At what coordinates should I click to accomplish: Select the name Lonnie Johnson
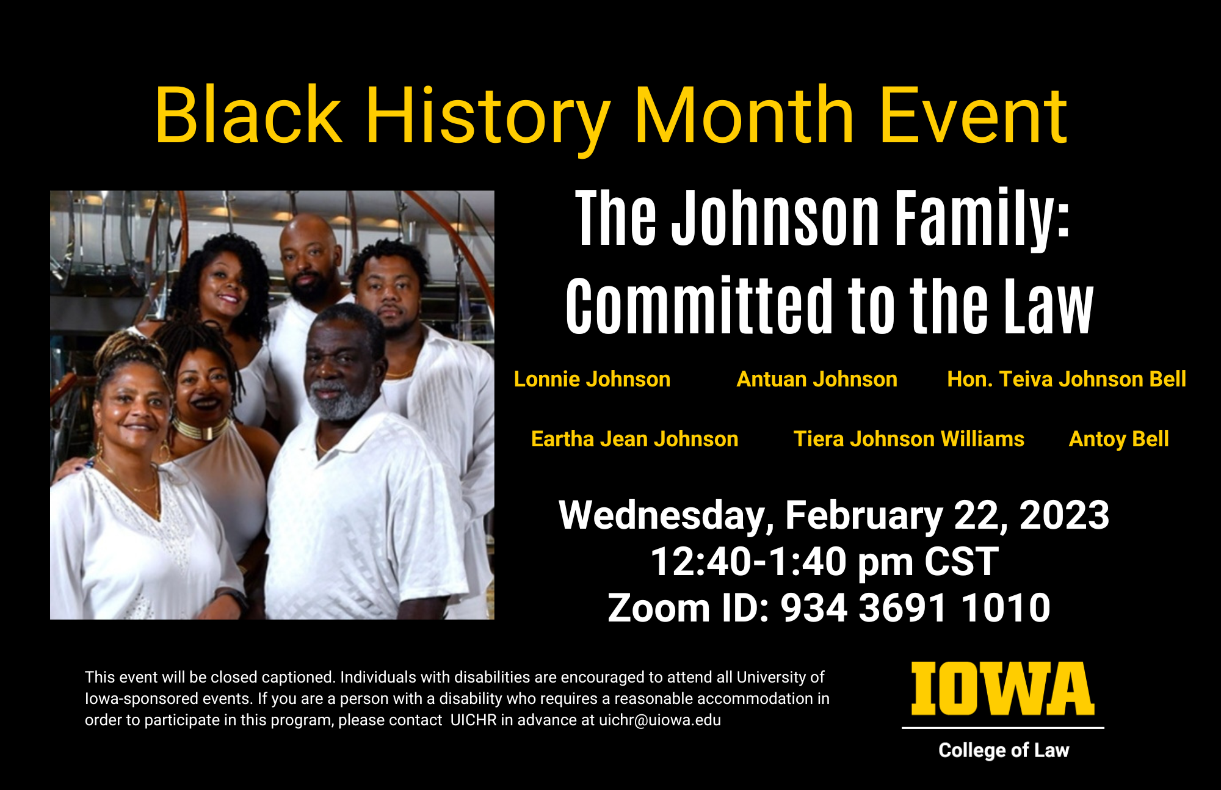click(592, 379)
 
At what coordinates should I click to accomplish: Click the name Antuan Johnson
click(817, 379)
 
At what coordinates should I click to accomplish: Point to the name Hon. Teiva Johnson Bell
click(1067, 379)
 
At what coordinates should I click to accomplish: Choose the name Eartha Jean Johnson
click(635, 439)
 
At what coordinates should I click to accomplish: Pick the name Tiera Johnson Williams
click(909, 439)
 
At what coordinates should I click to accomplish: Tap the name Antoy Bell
click(1119, 439)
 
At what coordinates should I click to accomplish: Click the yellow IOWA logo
click(1003, 689)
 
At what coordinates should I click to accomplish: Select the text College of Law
click(1004, 750)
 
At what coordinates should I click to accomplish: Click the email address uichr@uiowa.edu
click(660, 720)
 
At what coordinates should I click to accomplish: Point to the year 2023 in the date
click(1064, 515)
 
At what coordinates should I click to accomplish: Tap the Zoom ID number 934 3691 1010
click(916, 608)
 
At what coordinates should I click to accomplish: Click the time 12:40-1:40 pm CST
click(825, 562)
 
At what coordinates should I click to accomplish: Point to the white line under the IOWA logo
click(1003, 728)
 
